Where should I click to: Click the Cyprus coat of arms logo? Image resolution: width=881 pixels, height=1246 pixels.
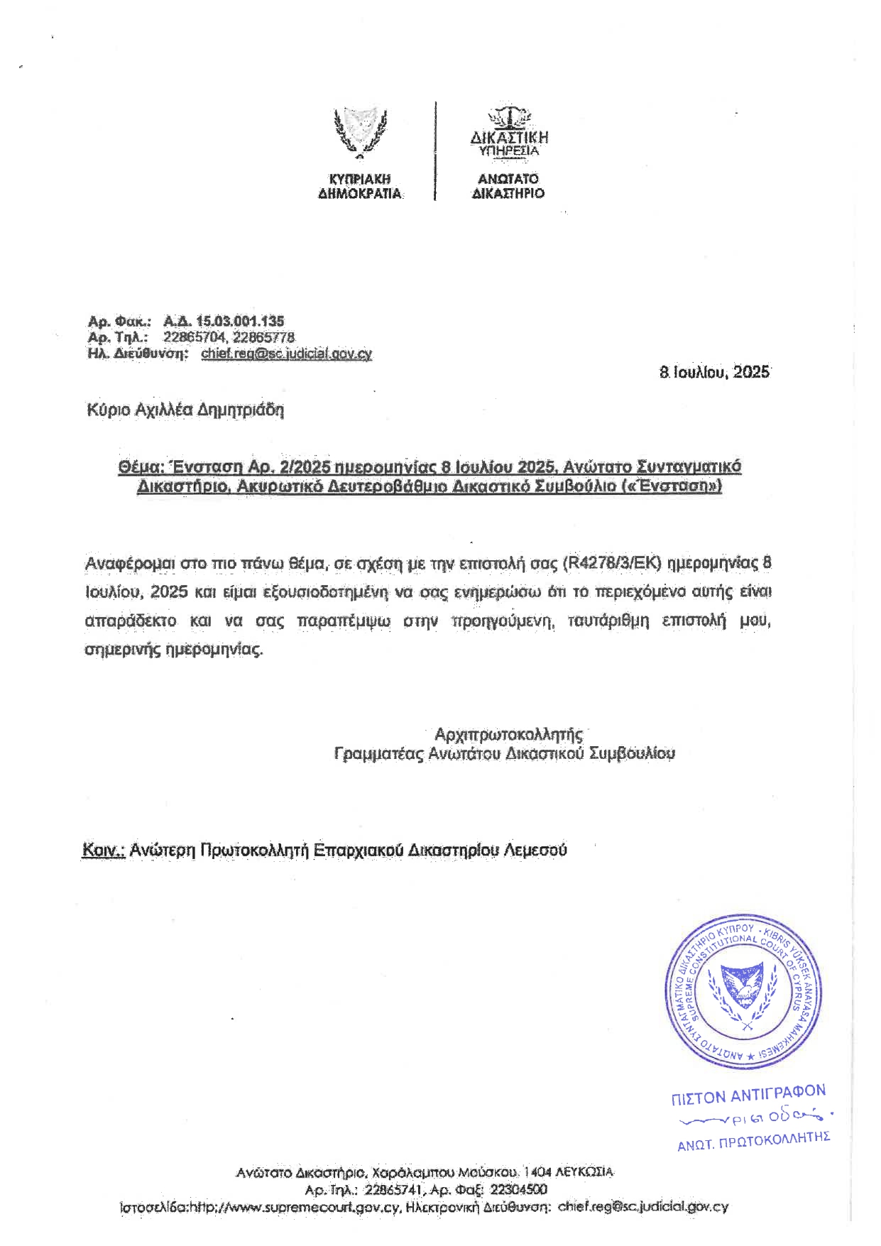pyautogui.click(x=360, y=131)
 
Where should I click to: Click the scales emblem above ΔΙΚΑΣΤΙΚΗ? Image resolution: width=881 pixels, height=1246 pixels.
pyautogui.click(x=508, y=115)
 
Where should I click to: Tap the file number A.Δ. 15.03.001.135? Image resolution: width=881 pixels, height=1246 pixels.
pyautogui.click(x=224, y=321)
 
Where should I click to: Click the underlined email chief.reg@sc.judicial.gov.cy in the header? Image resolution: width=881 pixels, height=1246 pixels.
pyautogui.click(x=286, y=354)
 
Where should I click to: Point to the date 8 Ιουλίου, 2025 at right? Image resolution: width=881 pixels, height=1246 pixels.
pyautogui.click(x=714, y=372)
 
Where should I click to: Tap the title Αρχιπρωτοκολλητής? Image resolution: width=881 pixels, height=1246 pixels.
pyautogui.click(x=508, y=733)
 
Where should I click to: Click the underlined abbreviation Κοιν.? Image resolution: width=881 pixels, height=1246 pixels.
pyautogui.click(x=104, y=850)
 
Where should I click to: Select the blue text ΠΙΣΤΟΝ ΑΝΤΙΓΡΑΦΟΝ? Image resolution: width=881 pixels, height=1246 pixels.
pyautogui.click(x=748, y=1094)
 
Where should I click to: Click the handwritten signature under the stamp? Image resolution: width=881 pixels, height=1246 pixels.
pyautogui.click(x=754, y=1118)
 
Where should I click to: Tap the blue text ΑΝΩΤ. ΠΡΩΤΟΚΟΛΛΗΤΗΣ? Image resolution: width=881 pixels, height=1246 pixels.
pyautogui.click(x=753, y=1141)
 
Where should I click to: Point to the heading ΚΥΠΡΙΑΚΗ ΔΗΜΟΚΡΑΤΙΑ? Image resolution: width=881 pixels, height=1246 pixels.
pyautogui.click(x=360, y=186)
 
